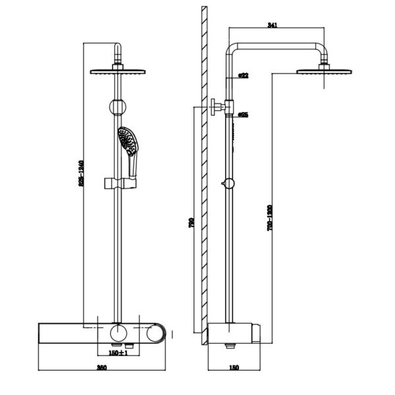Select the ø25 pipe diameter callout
tap(243, 115)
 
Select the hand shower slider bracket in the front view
tap(118, 182)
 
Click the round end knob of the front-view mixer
tap(158, 332)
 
